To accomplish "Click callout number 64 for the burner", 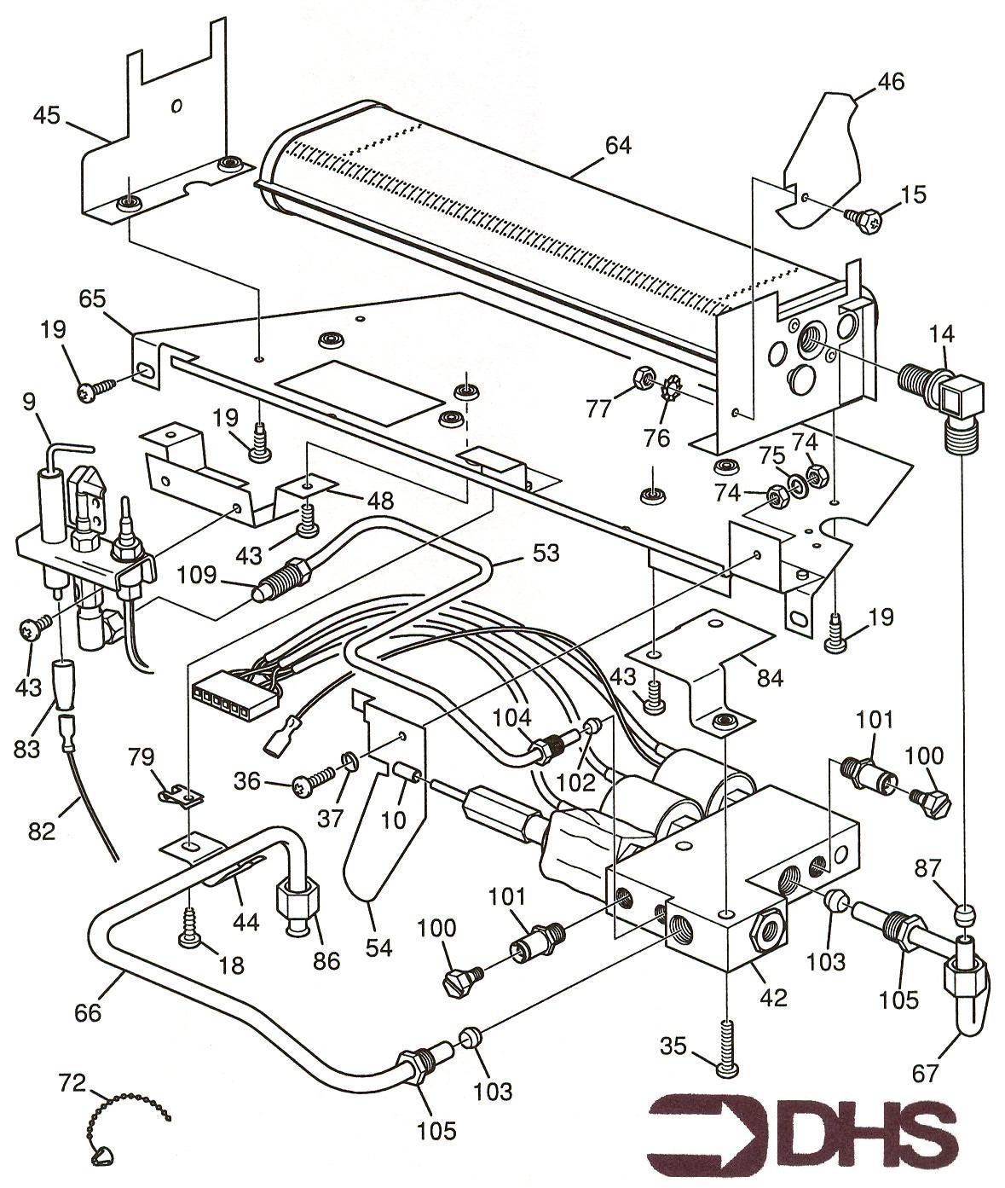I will coord(618,146).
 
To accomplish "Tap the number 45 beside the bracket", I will coord(48,114).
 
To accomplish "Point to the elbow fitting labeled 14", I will coord(946,394).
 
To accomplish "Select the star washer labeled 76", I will coord(671,396).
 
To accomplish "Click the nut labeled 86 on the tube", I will coord(297,904).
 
